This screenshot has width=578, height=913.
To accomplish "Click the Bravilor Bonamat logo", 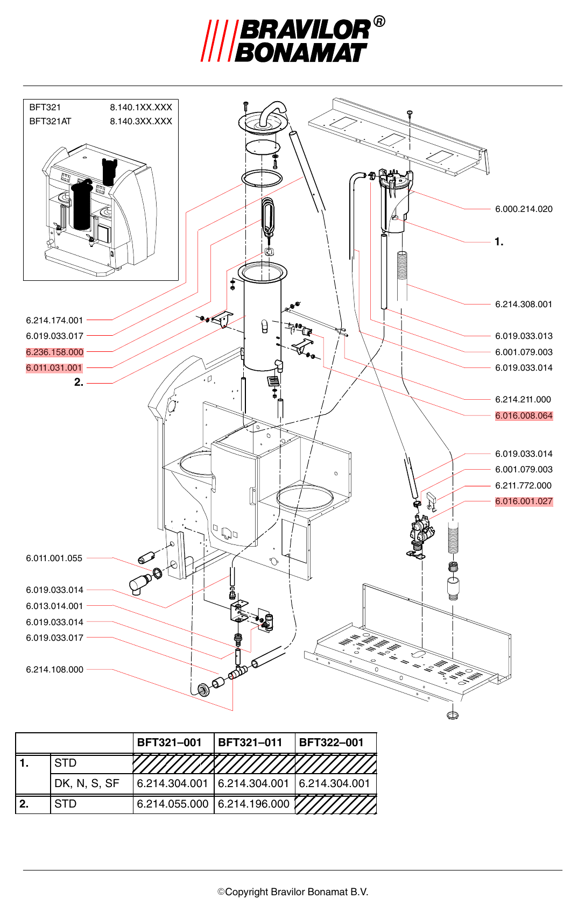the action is pyautogui.click(x=293, y=40).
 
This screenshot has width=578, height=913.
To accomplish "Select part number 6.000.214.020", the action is pyautogui.click(x=524, y=209).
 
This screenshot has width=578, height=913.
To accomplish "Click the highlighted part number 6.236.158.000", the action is pyautogui.click(x=54, y=352).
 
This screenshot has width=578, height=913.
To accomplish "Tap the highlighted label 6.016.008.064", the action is pyautogui.click(x=524, y=416).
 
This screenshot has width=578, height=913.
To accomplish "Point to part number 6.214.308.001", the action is pyautogui.click(x=524, y=304).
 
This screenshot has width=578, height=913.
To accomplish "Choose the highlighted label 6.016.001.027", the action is pyautogui.click(x=524, y=501).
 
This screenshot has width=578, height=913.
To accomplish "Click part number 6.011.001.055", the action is pyautogui.click(x=54, y=558).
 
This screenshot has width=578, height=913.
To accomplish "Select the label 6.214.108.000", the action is pyautogui.click(x=54, y=669).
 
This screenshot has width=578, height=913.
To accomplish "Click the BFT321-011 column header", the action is pyautogui.click(x=250, y=742).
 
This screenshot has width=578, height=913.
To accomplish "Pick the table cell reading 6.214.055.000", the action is pyautogui.click(x=172, y=804).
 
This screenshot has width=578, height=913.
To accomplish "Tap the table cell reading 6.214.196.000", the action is pyautogui.click(x=253, y=804).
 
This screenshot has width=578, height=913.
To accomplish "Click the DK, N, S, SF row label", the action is pyautogui.click(x=87, y=783).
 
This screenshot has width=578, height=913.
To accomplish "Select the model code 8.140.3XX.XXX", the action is pyautogui.click(x=141, y=121).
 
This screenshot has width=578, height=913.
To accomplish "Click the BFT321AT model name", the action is pyautogui.click(x=50, y=121).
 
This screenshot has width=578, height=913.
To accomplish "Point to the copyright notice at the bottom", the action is pyautogui.click(x=293, y=892).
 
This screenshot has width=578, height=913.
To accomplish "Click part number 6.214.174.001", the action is pyautogui.click(x=54, y=320).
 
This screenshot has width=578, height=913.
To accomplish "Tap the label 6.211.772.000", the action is pyautogui.click(x=524, y=485).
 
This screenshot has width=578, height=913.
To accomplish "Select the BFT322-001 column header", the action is pyautogui.click(x=331, y=742).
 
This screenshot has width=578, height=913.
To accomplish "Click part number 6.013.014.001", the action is pyautogui.click(x=54, y=606).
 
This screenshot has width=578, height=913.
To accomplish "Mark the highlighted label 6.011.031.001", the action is pyautogui.click(x=54, y=367).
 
